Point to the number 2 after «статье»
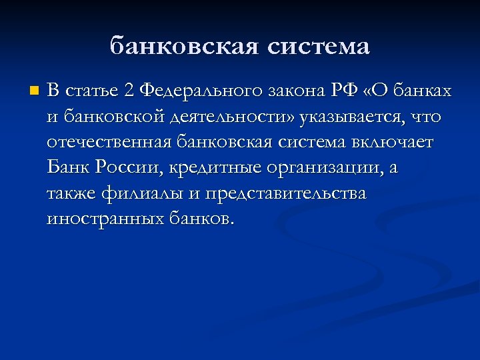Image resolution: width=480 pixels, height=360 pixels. [x=129, y=91]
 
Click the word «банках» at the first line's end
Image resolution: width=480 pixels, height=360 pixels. [x=425, y=91]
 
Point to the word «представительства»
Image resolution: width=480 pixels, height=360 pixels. [x=286, y=193]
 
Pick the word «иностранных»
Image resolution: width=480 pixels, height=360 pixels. [x=103, y=219]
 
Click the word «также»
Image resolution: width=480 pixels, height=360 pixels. [x=71, y=193]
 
